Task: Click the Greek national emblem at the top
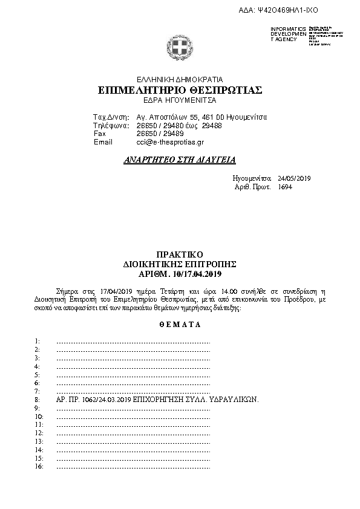tap(180, 48)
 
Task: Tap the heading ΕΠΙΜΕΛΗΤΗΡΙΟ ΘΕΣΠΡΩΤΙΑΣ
tap(180, 90)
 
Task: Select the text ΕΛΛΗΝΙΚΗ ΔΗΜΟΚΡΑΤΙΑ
tap(180, 79)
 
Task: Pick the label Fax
tap(100, 134)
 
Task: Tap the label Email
tap(103, 142)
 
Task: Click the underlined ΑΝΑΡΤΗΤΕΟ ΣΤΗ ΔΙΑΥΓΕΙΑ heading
tap(180, 160)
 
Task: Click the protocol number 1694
tap(284, 187)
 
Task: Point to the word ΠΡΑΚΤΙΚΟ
tap(179, 255)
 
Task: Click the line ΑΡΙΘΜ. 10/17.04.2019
tap(180, 274)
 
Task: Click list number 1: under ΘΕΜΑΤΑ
tap(38, 342)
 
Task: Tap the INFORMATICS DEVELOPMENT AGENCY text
tap(284, 34)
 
